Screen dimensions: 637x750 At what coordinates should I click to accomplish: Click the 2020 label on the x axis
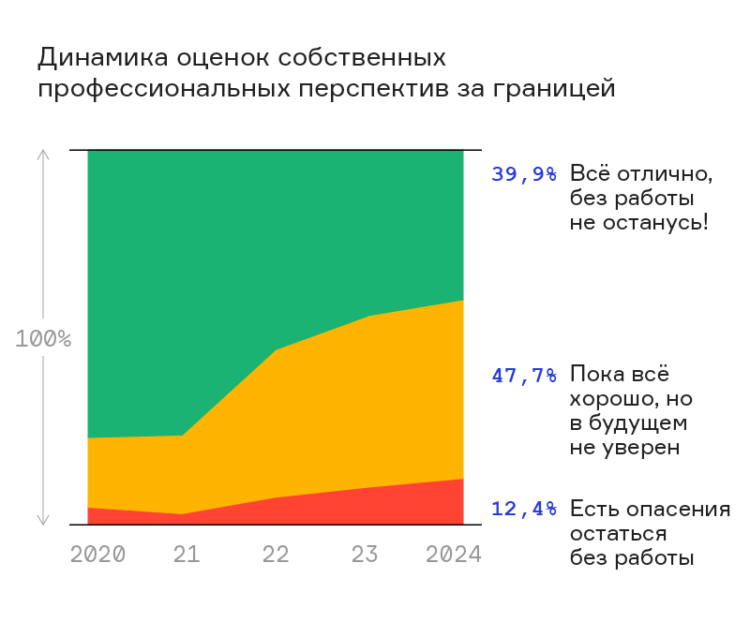pos(98,554)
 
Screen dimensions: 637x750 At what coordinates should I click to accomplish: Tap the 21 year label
pos(187,554)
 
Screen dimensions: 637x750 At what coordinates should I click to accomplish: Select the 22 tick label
pos(276,554)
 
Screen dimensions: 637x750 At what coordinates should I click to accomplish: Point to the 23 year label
pos(365,554)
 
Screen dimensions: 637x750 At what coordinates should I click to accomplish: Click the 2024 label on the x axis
pos(454,554)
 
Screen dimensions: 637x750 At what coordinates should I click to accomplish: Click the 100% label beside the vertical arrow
pos(43,339)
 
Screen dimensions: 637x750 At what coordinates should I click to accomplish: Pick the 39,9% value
pos(524,174)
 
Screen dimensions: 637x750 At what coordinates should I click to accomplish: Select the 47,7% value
pos(524,376)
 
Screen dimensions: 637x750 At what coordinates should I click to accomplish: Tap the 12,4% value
pos(524,510)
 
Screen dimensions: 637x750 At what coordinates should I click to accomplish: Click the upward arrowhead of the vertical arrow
pos(43,154)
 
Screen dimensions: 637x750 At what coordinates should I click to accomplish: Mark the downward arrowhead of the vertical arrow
pos(43,521)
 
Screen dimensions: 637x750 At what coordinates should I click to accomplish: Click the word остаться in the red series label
pos(619,534)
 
